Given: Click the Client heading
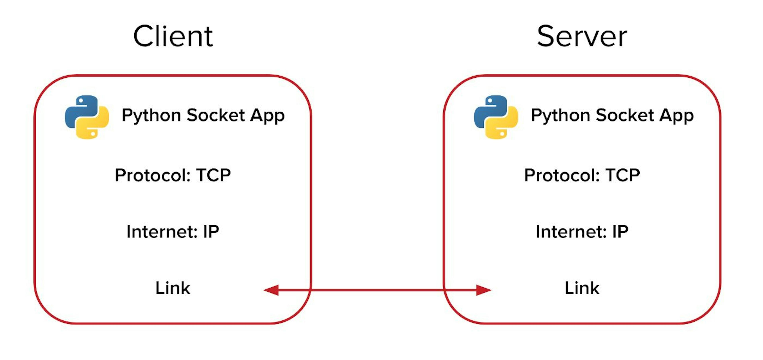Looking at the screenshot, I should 173,36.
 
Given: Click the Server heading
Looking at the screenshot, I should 582,36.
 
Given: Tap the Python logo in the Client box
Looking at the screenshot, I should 87,117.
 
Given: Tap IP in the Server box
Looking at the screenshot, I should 620,232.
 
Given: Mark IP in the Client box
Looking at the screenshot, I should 211,232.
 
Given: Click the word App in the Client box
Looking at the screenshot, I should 267,115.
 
